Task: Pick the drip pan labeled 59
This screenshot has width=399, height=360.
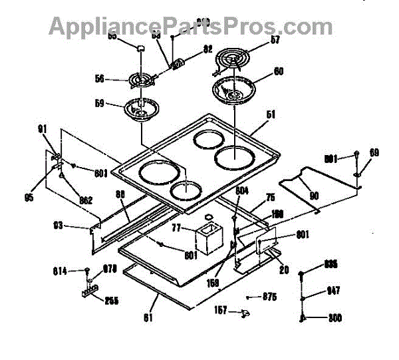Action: pyautogui.click(x=142, y=110)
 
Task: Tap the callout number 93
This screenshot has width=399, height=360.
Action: pyautogui.click(x=58, y=226)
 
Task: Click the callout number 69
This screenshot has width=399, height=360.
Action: pyautogui.click(x=374, y=153)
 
